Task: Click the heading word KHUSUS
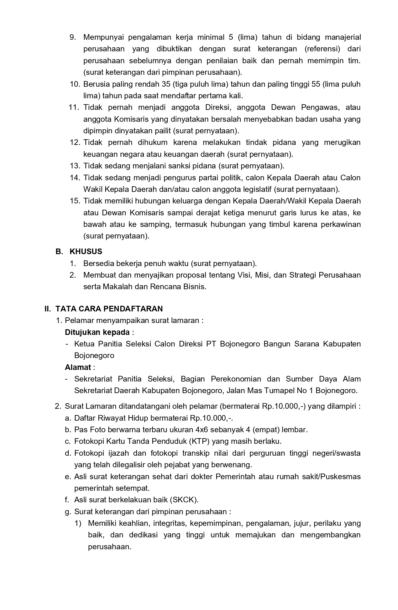point(86,252)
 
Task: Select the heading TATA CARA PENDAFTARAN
point(109,309)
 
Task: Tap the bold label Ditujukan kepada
point(97,332)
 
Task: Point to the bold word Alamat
point(78,367)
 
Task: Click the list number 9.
point(72,38)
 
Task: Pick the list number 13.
point(75,166)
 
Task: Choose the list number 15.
point(75,201)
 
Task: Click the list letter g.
point(67,512)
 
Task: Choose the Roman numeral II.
point(48,309)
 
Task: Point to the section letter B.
point(58,252)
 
